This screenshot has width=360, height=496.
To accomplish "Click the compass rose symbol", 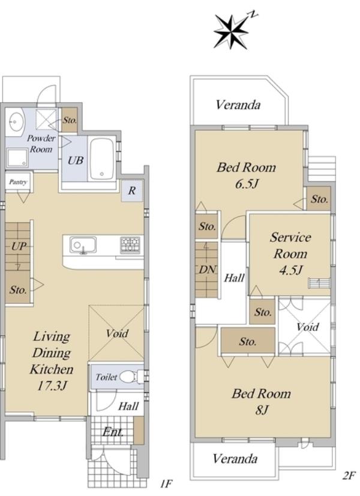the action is (231, 32).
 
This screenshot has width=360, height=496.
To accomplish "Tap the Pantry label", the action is (18, 182).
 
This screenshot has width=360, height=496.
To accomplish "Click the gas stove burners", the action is (130, 244).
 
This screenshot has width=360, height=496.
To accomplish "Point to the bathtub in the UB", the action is (102, 159).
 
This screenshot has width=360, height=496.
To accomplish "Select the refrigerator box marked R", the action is (132, 190).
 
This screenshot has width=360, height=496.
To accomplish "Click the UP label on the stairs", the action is (19, 246).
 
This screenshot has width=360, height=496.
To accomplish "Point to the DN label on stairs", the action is (208, 270).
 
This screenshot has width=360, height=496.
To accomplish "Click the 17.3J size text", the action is (52, 386).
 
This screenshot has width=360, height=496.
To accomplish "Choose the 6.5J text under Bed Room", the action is (247, 184).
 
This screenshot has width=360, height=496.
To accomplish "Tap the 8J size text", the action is (262, 410).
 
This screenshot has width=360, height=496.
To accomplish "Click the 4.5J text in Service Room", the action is (291, 270).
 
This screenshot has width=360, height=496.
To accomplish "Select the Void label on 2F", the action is (308, 327).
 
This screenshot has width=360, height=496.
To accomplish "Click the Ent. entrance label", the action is (113, 432).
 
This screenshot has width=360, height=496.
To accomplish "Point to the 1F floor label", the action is (166, 483).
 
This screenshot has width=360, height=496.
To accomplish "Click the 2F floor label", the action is (349, 476).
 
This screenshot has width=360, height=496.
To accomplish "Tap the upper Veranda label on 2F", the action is (238, 104).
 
